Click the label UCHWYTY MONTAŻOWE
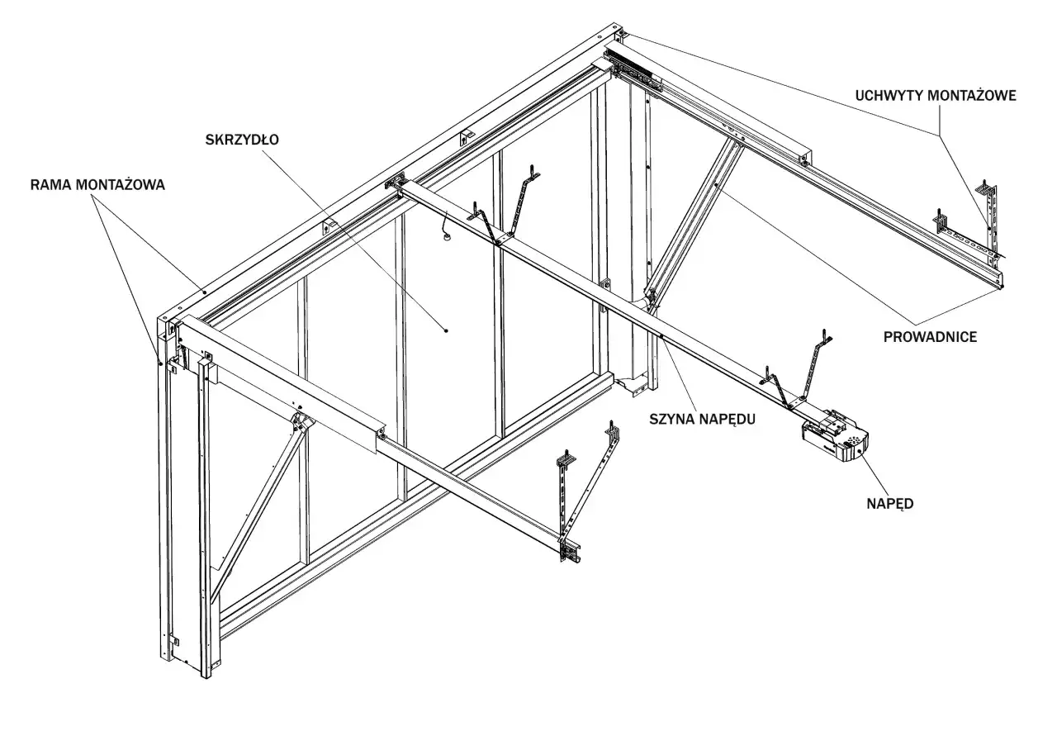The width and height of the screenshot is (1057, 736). click(936, 96)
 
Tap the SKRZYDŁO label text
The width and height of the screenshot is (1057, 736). click(241, 140)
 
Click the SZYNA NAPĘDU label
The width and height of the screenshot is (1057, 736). click(703, 419)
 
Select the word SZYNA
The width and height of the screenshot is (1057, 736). click(671, 419)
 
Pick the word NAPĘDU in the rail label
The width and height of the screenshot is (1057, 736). click(729, 419)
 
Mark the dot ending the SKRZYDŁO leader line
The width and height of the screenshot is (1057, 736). click(447, 330)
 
